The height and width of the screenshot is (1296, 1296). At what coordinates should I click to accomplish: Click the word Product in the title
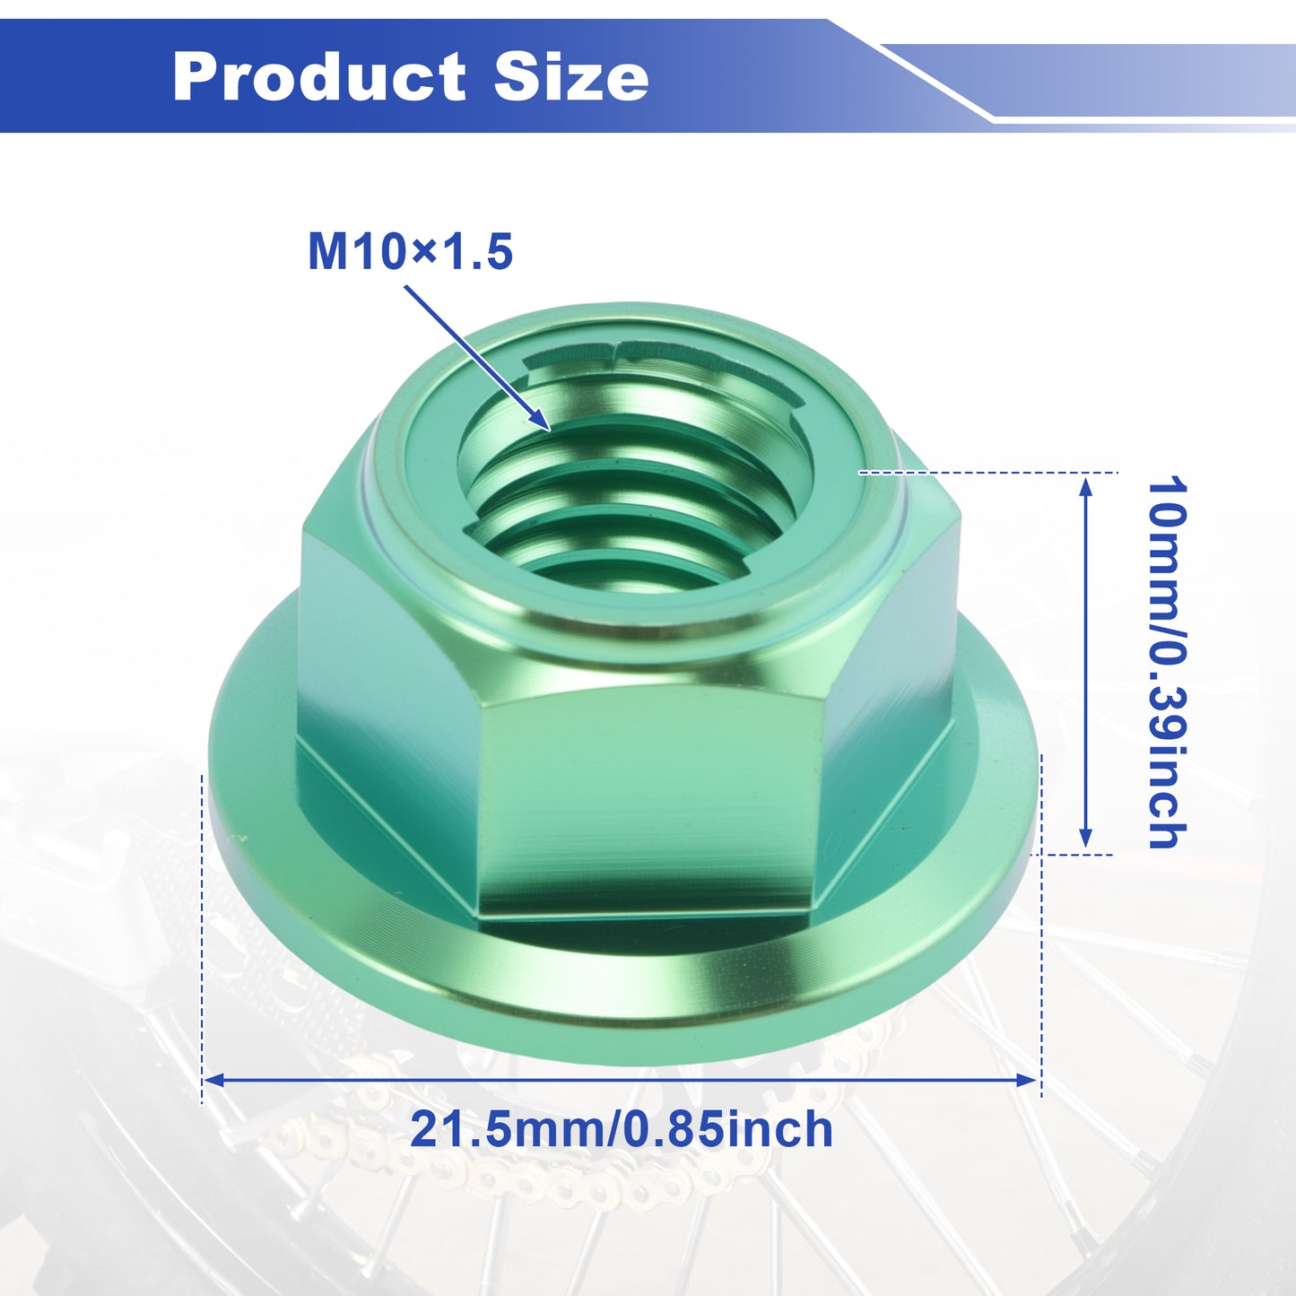pos(319,77)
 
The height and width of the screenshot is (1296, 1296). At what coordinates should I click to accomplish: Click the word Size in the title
pos(571,77)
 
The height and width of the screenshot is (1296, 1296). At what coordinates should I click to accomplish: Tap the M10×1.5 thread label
pos(410,252)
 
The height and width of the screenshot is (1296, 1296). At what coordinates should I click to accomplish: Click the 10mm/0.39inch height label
pos(1167,663)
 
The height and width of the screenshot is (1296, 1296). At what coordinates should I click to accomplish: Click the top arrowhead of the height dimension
pos(1085,486)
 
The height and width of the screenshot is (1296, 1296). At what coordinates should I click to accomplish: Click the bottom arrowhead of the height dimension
pos(1085,838)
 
